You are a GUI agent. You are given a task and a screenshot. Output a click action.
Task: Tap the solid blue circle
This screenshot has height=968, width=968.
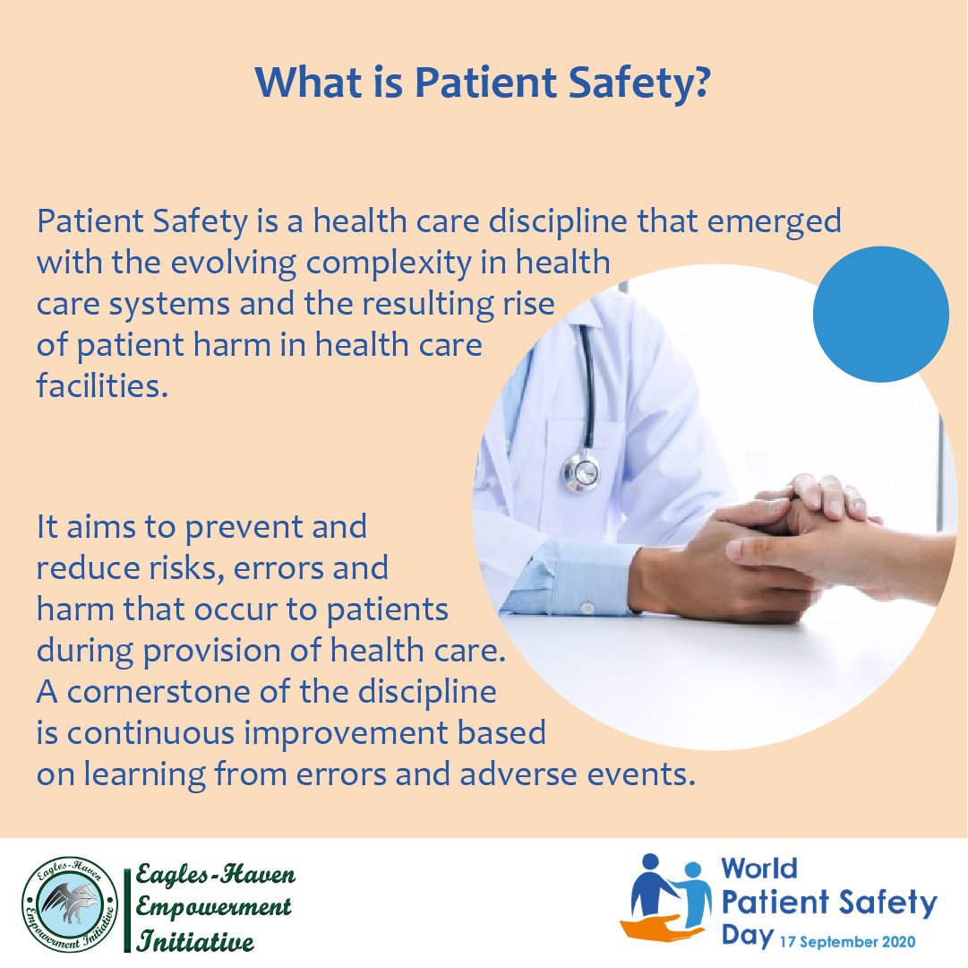[x=880, y=314]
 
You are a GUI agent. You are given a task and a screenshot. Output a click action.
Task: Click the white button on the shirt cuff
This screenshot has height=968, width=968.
[x=587, y=609]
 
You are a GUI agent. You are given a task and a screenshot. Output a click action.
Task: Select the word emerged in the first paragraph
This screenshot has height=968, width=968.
[x=774, y=222]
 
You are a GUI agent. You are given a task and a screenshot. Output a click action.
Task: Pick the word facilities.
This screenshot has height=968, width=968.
[x=102, y=385]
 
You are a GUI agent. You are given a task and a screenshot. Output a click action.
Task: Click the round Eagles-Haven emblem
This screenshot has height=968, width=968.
[x=70, y=903]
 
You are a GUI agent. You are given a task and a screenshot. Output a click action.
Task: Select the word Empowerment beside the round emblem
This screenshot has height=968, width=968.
[x=213, y=907]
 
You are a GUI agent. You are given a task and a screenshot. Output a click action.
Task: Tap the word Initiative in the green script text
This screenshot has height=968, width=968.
[x=195, y=940]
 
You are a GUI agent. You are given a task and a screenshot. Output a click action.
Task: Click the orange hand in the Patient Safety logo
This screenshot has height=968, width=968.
[x=661, y=928]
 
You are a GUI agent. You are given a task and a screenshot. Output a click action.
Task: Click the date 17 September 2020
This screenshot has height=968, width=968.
[x=848, y=942]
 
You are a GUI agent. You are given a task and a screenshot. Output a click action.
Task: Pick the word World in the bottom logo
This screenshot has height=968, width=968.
[x=759, y=869]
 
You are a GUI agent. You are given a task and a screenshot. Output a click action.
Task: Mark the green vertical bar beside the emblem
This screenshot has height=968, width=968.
[x=127, y=911]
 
